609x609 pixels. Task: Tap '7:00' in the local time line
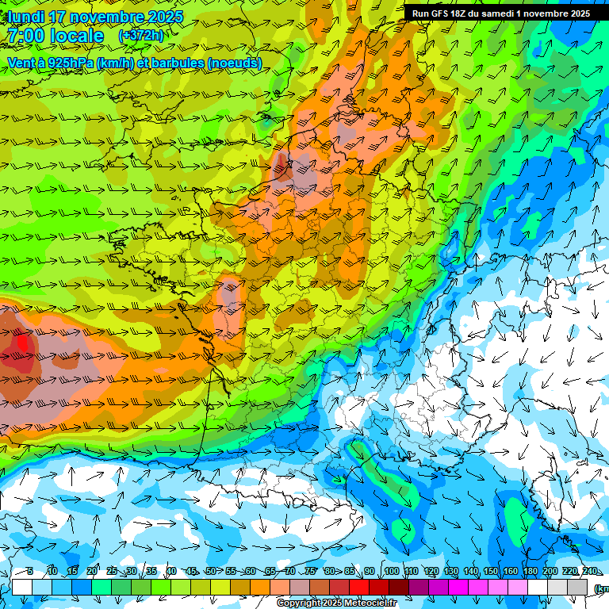[25, 36]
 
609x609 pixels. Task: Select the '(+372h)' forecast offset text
[140, 36]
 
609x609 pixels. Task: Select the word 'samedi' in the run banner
[504, 13]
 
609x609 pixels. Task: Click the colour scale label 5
[29, 572]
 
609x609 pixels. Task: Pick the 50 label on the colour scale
[210, 572]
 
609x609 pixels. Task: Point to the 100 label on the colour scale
[391, 572]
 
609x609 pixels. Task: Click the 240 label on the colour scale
[590, 572]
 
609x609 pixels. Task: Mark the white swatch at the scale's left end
[21, 588]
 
